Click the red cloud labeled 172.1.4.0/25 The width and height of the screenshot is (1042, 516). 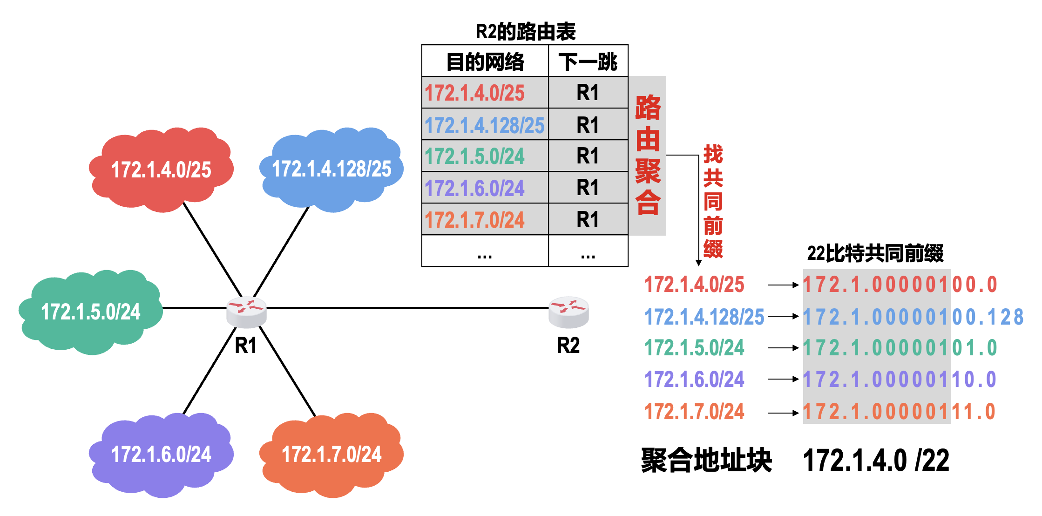(161, 170)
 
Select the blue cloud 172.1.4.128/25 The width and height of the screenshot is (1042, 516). (332, 169)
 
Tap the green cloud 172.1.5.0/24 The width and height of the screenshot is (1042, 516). (91, 312)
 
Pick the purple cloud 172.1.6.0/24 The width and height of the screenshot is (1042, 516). (161, 454)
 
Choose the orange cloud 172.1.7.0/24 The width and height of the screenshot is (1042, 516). (332, 454)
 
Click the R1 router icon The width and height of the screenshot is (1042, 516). (246, 312)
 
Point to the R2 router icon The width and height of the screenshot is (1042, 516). (568, 312)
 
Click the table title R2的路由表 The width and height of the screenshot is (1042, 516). (525, 32)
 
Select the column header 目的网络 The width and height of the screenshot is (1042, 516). (485, 61)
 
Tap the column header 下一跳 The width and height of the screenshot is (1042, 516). (588, 61)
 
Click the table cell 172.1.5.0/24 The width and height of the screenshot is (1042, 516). (475, 156)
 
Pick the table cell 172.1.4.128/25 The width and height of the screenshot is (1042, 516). (485, 125)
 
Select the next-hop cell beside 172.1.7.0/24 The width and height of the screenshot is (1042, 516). (588, 219)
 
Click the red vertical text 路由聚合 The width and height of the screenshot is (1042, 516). (648, 155)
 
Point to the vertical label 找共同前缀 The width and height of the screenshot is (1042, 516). (713, 201)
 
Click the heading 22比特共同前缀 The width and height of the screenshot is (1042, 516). (875, 253)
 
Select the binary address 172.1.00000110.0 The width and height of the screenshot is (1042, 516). (900, 380)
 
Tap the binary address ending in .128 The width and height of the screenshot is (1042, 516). (913, 317)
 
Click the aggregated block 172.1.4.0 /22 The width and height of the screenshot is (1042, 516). (876, 461)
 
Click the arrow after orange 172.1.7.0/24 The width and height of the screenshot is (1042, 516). (783, 413)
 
